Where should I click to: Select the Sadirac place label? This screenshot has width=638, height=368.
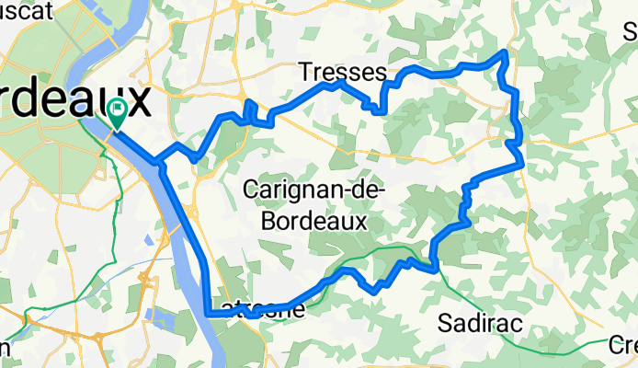pyautogui.click(x=480, y=323)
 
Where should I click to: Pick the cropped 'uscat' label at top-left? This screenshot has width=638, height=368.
pyautogui.click(x=28, y=8)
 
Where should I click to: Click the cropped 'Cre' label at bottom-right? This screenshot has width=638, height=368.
pyautogui.click(x=624, y=345)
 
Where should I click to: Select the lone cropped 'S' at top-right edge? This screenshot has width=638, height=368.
pyautogui.click(x=631, y=29)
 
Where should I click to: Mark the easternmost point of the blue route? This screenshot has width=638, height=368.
pyautogui.click(x=522, y=164)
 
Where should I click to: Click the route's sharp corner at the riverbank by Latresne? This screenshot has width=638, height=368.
pyautogui.click(x=211, y=314)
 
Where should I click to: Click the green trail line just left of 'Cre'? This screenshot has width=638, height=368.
pyautogui.click(x=588, y=346)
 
